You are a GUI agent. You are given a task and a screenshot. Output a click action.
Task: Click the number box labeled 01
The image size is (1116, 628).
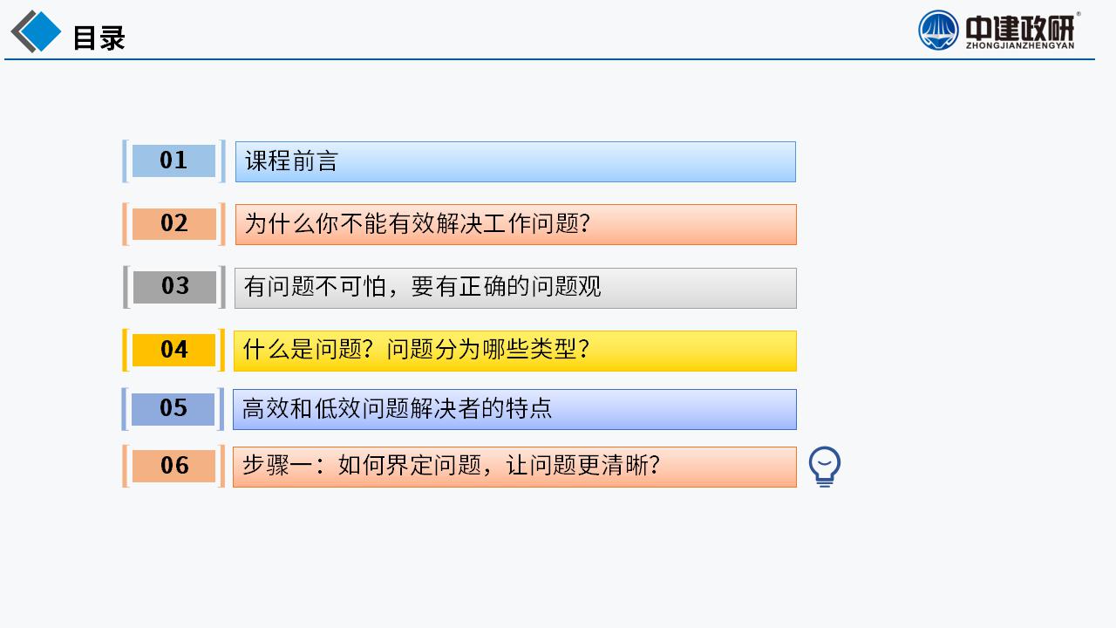point(174,161)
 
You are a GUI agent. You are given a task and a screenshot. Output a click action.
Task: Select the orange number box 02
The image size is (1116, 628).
point(174,224)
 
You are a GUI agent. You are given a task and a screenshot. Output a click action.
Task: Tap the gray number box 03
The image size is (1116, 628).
point(174,287)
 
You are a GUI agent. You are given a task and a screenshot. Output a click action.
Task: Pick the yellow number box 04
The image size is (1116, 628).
point(174,350)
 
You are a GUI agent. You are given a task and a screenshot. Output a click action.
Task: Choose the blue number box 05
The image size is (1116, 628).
point(173,409)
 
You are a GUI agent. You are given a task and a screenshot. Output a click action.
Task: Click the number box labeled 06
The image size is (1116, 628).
point(174,466)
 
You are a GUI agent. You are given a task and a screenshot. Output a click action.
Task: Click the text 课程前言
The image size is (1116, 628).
point(291,161)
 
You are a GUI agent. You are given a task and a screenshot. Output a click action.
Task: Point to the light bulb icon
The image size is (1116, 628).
point(825,467)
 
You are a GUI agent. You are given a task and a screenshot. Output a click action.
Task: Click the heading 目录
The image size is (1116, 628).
point(99,38)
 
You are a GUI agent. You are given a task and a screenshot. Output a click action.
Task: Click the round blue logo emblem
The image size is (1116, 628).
point(938,31)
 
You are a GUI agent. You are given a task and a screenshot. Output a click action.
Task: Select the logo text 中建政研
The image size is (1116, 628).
point(1020,29)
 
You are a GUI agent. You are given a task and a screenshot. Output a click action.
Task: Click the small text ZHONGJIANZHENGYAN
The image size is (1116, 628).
point(1020,46)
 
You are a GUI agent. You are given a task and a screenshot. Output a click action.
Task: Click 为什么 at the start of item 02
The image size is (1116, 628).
point(280,223)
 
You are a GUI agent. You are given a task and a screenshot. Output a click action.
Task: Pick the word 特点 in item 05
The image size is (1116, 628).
point(529,408)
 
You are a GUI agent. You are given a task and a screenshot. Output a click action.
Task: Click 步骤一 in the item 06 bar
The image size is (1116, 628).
point(277,466)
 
